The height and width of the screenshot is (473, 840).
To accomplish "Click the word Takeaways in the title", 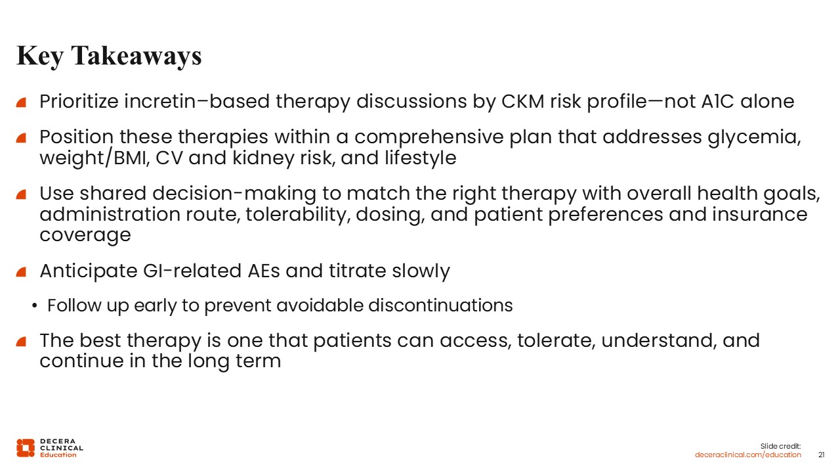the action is coord(136,56).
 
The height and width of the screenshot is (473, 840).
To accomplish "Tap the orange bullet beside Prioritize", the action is coord(21,102).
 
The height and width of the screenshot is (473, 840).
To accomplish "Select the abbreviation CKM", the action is coord(522,101).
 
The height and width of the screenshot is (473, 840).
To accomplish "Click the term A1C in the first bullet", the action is coord(717,101).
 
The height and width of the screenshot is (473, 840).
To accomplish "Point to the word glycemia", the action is coord(754,137).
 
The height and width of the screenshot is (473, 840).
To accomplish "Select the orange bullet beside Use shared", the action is coord(21,194).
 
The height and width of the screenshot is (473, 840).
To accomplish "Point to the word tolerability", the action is coord(298,214).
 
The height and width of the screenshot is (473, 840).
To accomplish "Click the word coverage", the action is coord(85,235).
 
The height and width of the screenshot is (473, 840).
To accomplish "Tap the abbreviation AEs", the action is coord(264,271).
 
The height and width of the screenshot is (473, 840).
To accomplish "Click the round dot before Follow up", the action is coord(35,306).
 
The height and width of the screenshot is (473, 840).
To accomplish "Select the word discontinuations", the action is coord(440,305).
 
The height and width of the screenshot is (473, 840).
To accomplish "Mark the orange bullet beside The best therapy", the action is coord(21,342).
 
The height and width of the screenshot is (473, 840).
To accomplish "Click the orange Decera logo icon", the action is coord(26,448).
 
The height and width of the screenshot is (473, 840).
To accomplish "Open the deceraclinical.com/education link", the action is coord(747,455).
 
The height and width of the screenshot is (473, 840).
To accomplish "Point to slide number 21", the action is coord(821,455).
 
